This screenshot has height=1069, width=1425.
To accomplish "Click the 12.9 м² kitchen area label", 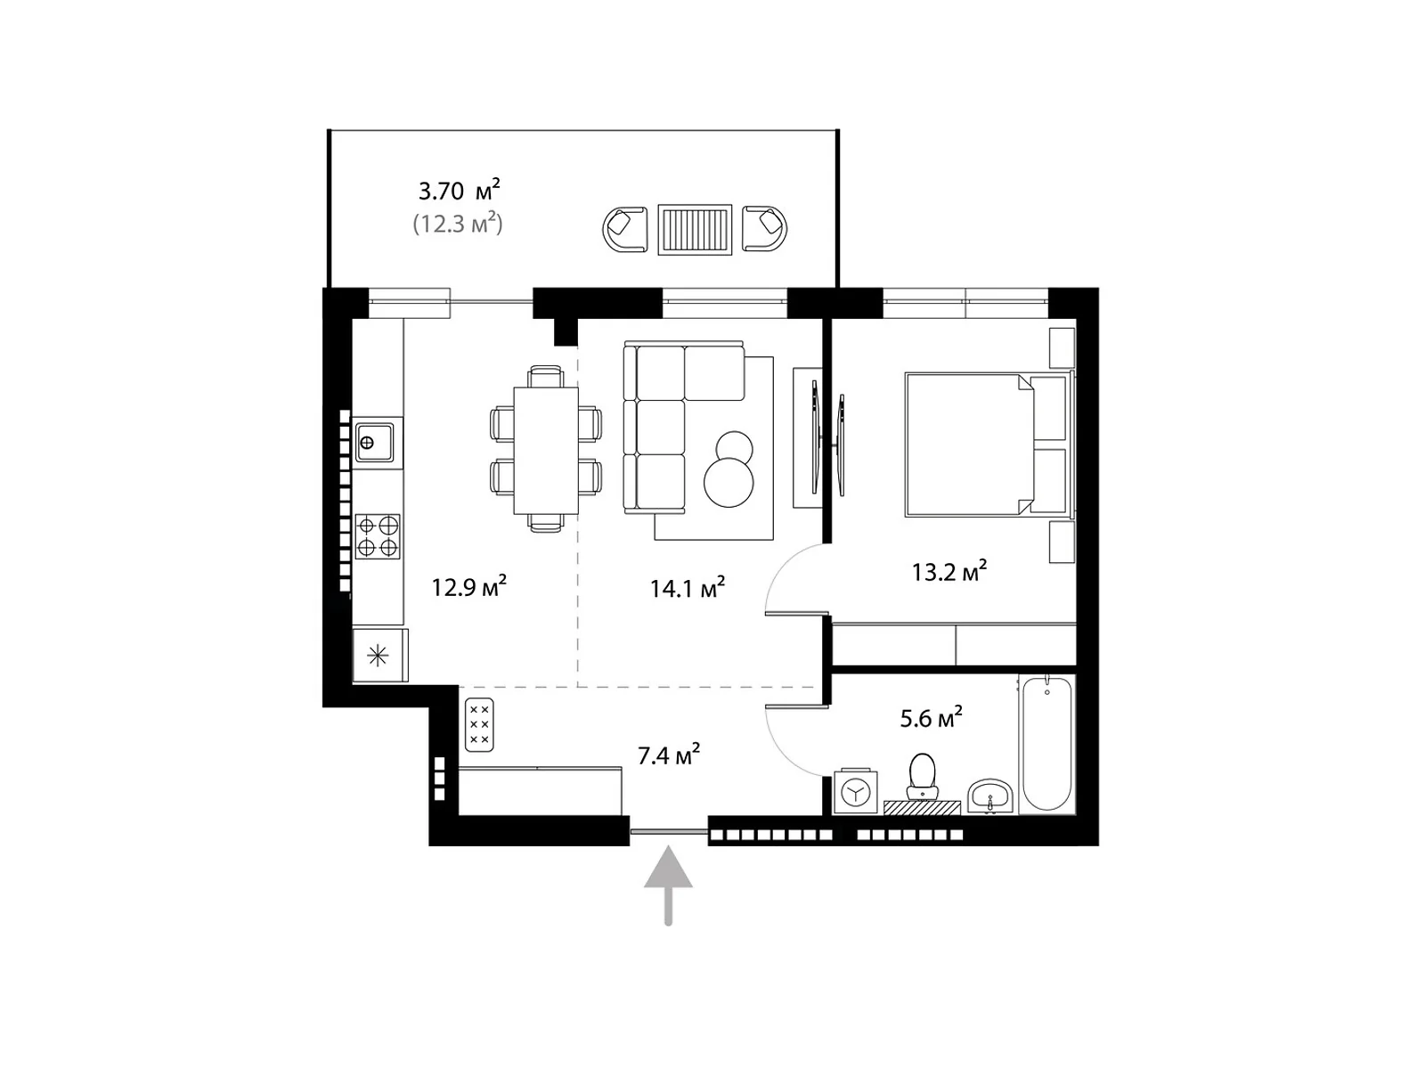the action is [x=468, y=587].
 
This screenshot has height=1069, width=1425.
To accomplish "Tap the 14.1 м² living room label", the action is [x=688, y=588].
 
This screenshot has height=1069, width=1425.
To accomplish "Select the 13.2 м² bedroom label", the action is [x=949, y=572].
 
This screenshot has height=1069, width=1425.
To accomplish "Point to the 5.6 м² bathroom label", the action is [x=931, y=718].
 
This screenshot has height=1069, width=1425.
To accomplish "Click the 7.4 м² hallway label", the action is [x=669, y=755].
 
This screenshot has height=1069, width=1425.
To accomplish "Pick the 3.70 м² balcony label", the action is [x=460, y=190].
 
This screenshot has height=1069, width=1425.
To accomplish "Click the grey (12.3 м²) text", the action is [x=459, y=224].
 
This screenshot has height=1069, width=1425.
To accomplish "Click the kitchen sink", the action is [x=373, y=443].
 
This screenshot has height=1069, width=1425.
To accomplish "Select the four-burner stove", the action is [x=378, y=537].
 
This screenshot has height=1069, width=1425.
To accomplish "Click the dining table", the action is [x=546, y=451].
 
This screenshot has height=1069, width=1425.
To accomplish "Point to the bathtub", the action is [x=1046, y=744].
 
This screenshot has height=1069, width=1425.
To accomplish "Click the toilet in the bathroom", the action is [x=922, y=776].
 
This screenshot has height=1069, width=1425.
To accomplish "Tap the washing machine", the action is [x=855, y=792].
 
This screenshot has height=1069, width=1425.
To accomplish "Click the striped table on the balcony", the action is [x=695, y=230].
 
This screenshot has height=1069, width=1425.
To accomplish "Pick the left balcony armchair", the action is [x=625, y=229].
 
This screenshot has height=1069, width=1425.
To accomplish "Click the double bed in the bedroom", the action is [x=987, y=445].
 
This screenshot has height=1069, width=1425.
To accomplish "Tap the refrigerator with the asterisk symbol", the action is [x=379, y=655].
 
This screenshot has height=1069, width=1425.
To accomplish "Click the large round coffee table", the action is [x=729, y=482].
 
